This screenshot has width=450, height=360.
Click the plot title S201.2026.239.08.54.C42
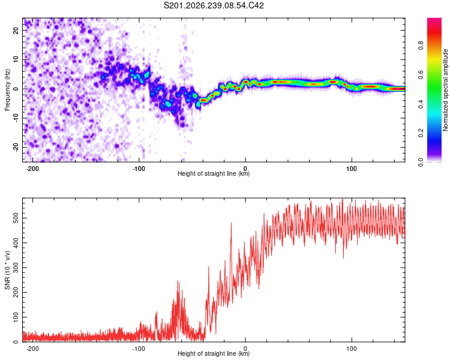214,5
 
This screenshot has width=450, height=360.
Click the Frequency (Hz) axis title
7,90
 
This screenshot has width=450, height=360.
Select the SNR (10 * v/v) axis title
7,270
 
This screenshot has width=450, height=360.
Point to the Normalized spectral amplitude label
445,90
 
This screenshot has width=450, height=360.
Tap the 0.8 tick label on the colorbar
421,46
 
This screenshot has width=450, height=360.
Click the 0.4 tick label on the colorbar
421,104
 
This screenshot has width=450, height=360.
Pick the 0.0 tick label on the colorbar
421,163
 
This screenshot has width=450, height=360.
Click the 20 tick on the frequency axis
16,30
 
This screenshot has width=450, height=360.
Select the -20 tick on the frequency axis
16,147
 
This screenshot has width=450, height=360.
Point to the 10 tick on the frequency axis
16,59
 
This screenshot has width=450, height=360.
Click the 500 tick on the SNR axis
16,218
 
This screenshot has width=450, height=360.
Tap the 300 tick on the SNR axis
16,268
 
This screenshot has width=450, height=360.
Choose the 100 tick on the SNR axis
16,317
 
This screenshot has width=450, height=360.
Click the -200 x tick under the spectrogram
32,169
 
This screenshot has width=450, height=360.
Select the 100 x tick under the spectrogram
352,169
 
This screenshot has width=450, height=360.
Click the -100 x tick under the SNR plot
139,349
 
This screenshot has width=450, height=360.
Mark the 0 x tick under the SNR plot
245,349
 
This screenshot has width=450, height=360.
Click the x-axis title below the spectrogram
214,173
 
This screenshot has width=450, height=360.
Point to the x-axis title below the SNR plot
214,353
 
